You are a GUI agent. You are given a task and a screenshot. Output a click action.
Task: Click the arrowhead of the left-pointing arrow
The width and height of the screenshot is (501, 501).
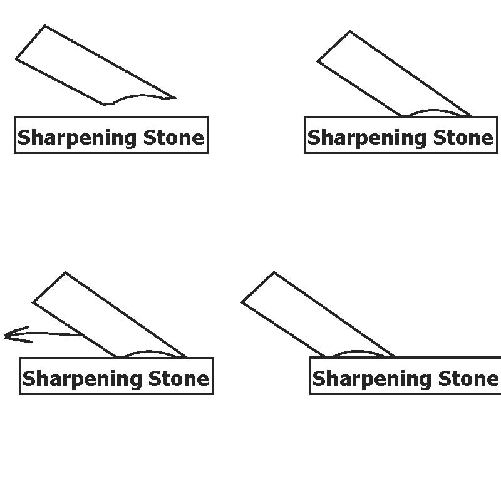point(9,336)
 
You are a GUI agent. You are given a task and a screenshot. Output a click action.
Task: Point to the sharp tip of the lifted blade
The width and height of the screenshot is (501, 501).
point(174,98)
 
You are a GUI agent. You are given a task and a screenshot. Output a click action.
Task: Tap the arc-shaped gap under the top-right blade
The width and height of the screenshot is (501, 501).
point(435,113)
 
